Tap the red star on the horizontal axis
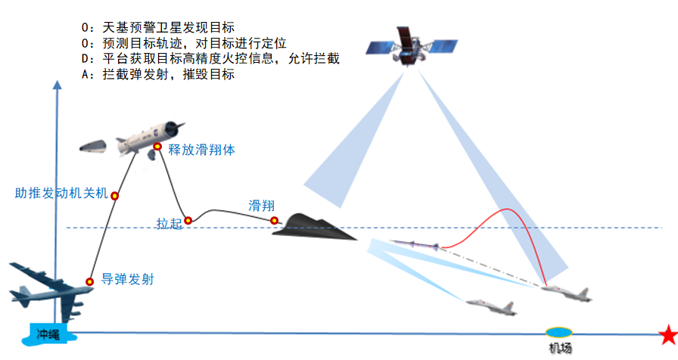(x=667, y=334)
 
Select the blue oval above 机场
(x=559, y=332)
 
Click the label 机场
(x=561, y=348)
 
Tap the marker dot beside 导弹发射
(x=90, y=281)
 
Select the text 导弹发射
(x=127, y=279)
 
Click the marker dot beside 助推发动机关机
(x=115, y=196)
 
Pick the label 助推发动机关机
(x=62, y=192)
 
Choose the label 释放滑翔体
(x=201, y=150)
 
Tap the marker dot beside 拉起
(x=188, y=221)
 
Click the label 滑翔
(x=261, y=206)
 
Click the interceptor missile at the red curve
(x=413, y=244)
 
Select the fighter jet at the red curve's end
(x=567, y=293)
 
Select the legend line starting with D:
(x=210, y=59)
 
